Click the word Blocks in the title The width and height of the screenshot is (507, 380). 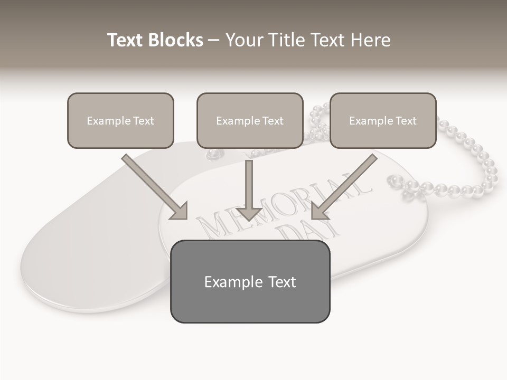(x=175, y=40)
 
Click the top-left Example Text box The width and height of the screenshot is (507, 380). (x=120, y=121)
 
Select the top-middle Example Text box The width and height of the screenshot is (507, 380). (x=250, y=121)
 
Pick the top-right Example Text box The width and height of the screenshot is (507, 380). (x=383, y=121)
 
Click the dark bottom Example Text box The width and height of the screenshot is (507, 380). (x=250, y=282)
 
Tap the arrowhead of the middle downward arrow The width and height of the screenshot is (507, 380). (x=249, y=213)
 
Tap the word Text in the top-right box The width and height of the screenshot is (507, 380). (x=406, y=121)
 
